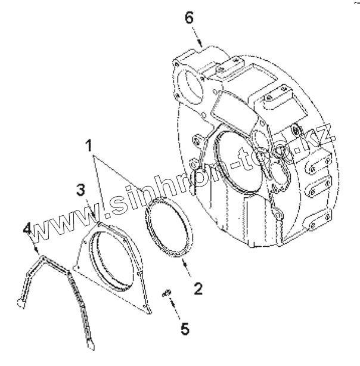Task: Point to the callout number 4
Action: click(27, 228)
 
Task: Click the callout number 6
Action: click(188, 18)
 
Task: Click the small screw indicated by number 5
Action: click(168, 291)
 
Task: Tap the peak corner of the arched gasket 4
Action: click(42, 256)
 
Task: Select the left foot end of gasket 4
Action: click(20, 305)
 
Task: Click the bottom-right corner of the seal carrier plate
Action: click(148, 311)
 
